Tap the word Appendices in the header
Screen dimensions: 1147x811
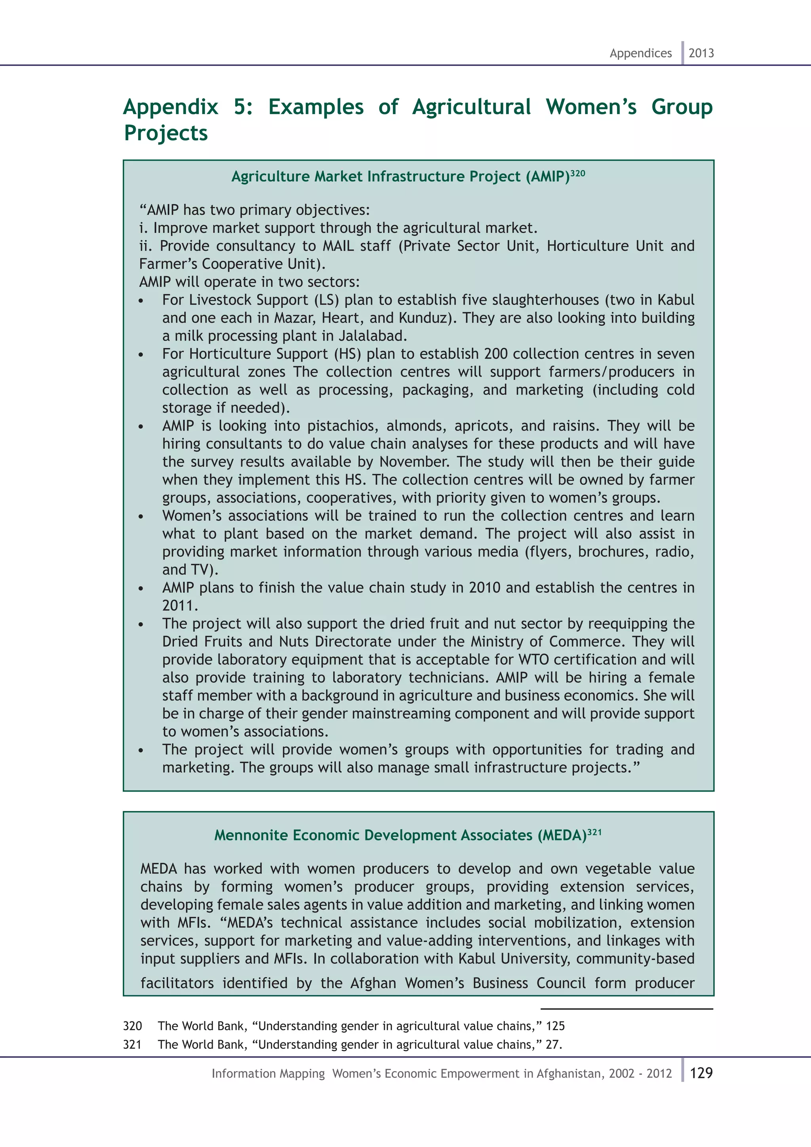coord(640,53)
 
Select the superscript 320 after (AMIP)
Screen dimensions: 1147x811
coord(578,173)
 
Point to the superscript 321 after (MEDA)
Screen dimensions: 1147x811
coord(594,832)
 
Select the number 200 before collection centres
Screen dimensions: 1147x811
coord(495,354)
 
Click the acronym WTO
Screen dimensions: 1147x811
coord(534,659)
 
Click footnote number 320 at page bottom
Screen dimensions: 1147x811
coord(132,1026)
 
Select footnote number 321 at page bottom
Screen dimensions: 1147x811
coord(132,1044)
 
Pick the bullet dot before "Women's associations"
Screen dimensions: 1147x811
coord(141,517)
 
